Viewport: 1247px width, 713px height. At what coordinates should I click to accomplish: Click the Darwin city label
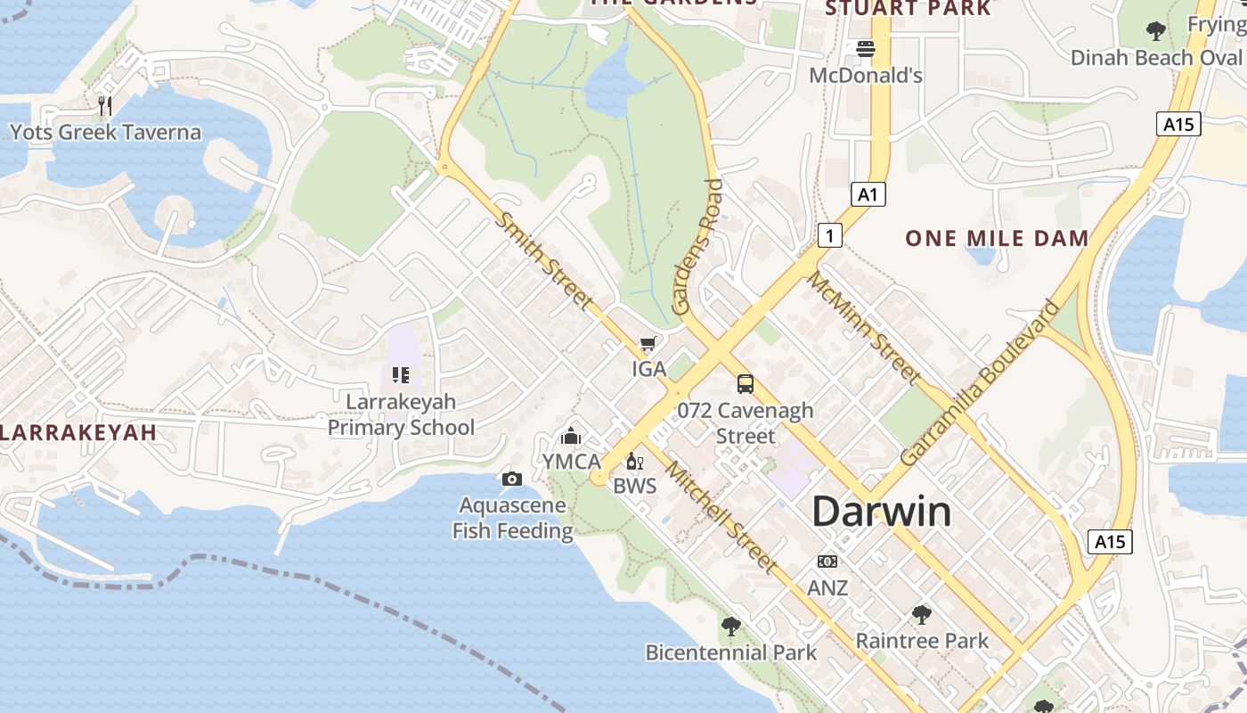881,512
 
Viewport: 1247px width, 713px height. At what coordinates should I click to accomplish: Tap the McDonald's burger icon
866,49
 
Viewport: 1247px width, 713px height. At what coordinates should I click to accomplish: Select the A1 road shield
868,194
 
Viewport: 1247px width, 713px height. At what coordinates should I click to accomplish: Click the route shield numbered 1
829,235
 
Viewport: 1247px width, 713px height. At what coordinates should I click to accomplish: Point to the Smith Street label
544,260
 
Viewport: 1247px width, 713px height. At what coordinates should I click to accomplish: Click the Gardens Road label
698,247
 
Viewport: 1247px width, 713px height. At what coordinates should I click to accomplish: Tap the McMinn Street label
863,327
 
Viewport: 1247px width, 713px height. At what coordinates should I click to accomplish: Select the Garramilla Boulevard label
980,382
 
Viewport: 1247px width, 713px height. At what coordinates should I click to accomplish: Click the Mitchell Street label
721,517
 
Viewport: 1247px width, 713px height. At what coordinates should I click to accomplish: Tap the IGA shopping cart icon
648,344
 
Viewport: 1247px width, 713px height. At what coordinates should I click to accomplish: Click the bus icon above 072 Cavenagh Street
746,384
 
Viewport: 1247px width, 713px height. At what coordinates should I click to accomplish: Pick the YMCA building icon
571,436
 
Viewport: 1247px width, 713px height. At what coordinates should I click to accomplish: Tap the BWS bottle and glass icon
635,461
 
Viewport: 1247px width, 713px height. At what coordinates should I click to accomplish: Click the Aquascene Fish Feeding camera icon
512,479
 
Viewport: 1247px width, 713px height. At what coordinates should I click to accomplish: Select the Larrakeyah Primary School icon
401,375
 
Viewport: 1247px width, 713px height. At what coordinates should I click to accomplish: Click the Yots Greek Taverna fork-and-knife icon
105,106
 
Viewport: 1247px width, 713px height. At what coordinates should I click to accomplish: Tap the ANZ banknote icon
827,561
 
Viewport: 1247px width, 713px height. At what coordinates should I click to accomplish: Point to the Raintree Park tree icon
922,614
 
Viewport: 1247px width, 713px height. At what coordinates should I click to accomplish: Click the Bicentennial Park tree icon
731,627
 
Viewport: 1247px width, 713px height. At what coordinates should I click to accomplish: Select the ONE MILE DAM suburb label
997,238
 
